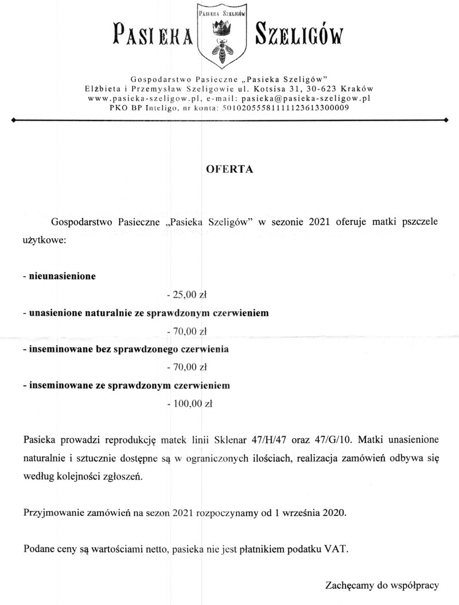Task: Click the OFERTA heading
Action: click(229, 170)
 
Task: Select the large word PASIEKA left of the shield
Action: click(153, 35)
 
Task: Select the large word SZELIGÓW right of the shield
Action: click(299, 35)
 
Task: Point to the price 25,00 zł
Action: click(186, 296)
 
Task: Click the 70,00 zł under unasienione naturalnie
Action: click(186, 331)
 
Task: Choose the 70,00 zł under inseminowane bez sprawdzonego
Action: click(186, 367)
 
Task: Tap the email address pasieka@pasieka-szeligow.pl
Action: click(306, 98)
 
